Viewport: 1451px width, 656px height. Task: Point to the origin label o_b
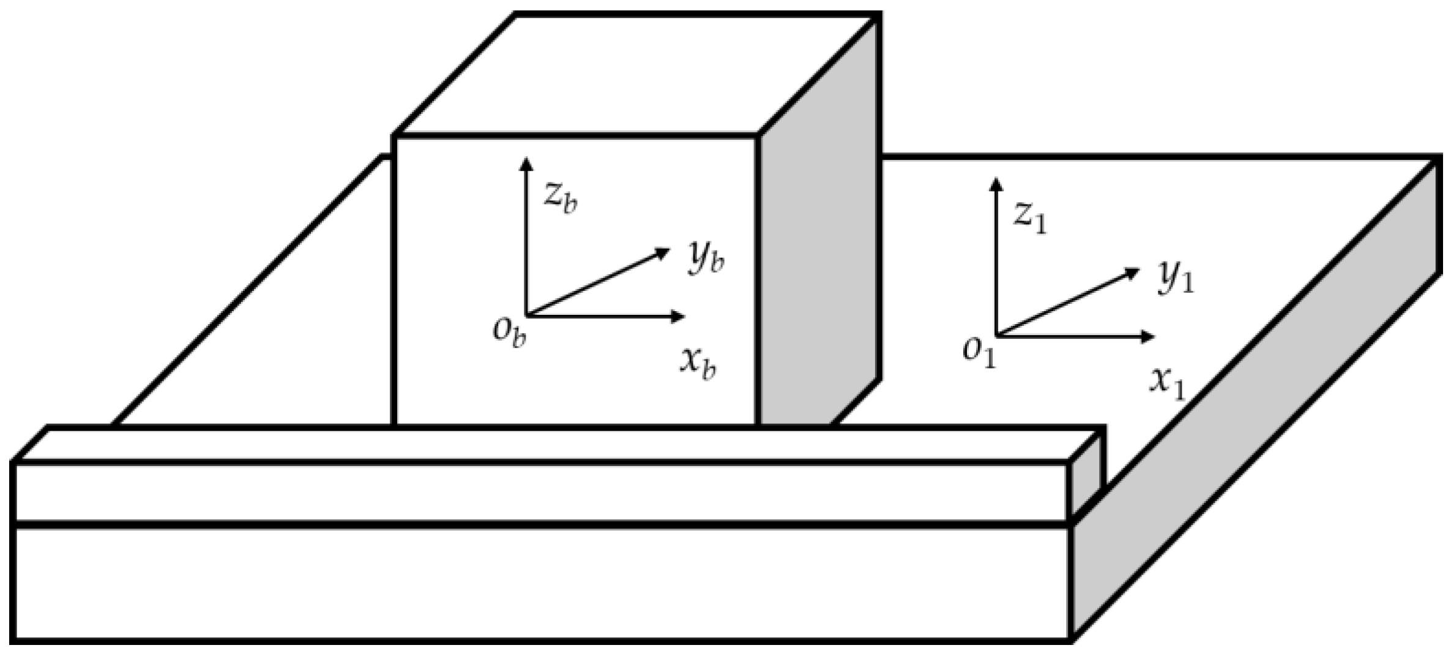[510, 333]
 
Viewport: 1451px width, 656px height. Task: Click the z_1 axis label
[1030, 217]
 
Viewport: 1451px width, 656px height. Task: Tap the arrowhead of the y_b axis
[664, 252]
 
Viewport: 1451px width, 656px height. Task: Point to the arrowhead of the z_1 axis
[996, 183]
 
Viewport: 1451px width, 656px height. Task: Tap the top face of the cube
[636, 74]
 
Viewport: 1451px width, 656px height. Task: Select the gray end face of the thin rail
[1086, 481]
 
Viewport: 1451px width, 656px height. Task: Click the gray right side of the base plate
[1255, 459]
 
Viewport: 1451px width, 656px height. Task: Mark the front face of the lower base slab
[539, 582]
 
